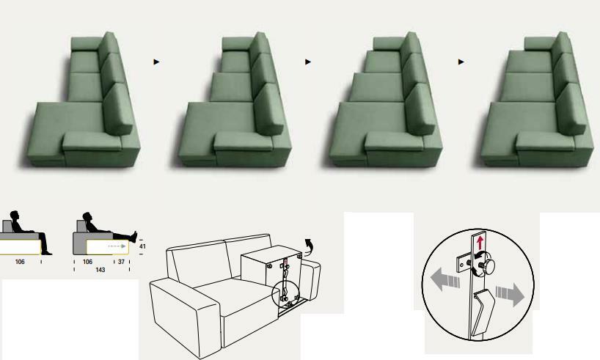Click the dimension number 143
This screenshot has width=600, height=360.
pyautogui.click(x=100, y=270)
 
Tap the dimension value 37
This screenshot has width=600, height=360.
pyautogui.click(x=121, y=262)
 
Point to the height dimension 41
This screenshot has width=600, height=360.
pyautogui.click(x=142, y=246)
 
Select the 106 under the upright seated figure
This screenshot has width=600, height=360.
pyautogui.click(x=20, y=262)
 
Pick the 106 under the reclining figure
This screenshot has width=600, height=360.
pyautogui.click(x=87, y=262)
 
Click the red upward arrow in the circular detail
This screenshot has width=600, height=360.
pyautogui.click(x=480, y=243)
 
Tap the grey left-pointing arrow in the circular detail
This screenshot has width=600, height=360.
pyautogui.click(x=445, y=279)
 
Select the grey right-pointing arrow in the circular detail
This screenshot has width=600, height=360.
pyautogui.click(x=510, y=294)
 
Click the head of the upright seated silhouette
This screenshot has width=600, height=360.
pyautogui.click(x=15, y=216)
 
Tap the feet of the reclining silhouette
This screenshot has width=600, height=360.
pyautogui.click(x=134, y=236)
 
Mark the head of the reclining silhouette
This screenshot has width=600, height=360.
pyautogui.click(x=87, y=216)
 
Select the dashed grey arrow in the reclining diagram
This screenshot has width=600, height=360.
pyautogui.click(x=117, y=246)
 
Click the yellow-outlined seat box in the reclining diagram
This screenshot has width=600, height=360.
pyautogui.click(x=107, y=247)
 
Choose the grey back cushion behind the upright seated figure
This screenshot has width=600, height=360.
pyautogui.click(x=7, y=226)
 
